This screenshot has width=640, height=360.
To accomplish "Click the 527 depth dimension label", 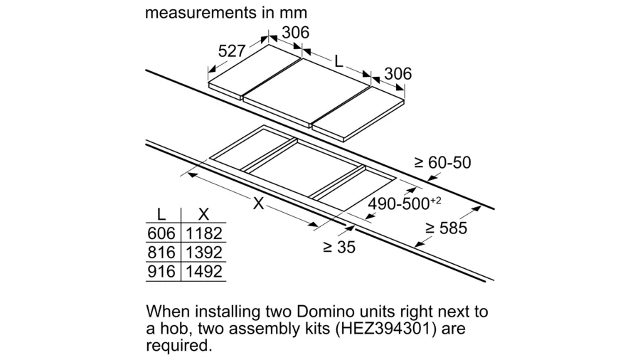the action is coord(231,51).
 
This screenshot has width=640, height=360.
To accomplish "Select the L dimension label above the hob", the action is coord(338,62).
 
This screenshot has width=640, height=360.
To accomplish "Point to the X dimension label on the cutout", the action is coord(258,203).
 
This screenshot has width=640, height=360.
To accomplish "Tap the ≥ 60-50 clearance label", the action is coord(442,162).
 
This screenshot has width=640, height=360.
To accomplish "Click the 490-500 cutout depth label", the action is coord(405,203).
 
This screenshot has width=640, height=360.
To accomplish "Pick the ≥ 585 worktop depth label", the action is coord(446,228).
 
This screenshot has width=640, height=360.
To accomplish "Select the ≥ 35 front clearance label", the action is coord(339,247).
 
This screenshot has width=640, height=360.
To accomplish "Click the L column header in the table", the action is coord(161,214).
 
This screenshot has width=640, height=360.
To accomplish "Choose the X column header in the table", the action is coord(203,214).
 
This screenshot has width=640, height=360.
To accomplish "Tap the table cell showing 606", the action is coord(161,233).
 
